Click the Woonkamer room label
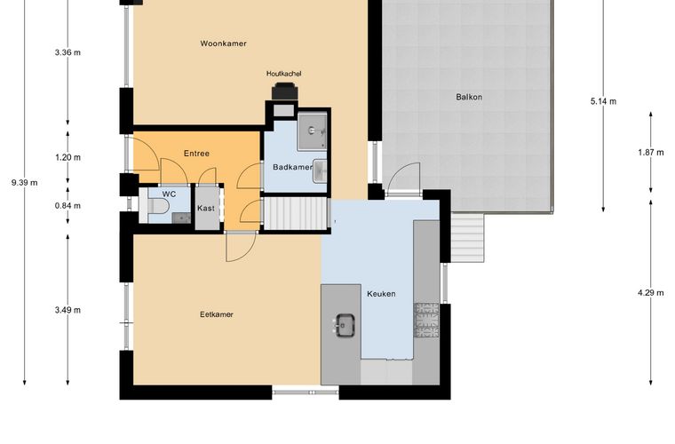click(224, 44)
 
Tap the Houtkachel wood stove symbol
click(284, 91)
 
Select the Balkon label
click(469, 97)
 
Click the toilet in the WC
click(155, 206)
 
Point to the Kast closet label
click(206, 208)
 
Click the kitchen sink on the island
click(345, 325)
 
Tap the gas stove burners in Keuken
click(426, 320)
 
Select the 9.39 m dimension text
click(25, 182)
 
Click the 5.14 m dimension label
click(603, 101)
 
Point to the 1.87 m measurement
click(650, 153)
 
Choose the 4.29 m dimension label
click(650, 293)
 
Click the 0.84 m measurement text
click(67, 206)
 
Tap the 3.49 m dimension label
click(67, 310)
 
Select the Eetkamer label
click(217, 314)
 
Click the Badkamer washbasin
click(320, 170)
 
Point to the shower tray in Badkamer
click(312, 131)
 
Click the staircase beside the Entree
click(296, 214)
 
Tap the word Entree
click(196, 154)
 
